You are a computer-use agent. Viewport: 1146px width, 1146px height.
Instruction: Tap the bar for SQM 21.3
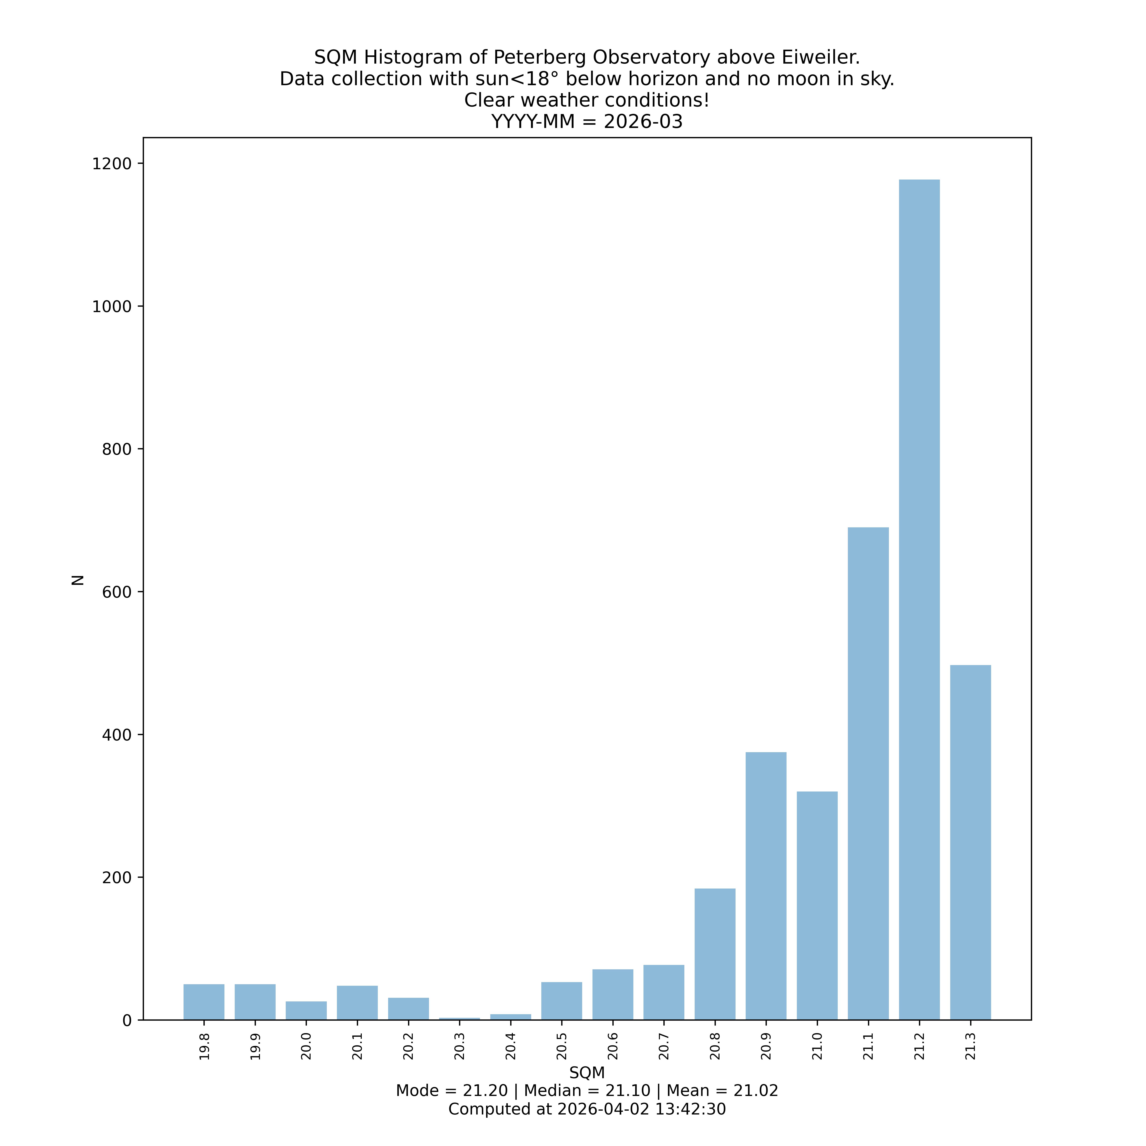[970, 842]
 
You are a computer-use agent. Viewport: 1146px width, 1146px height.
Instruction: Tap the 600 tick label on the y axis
[116, 592]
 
